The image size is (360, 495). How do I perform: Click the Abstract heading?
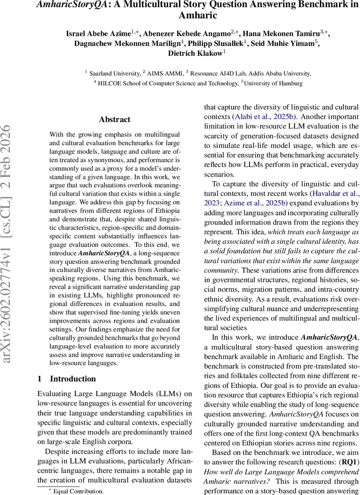(115, 120)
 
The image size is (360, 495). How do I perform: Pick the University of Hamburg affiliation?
(273, 83)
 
